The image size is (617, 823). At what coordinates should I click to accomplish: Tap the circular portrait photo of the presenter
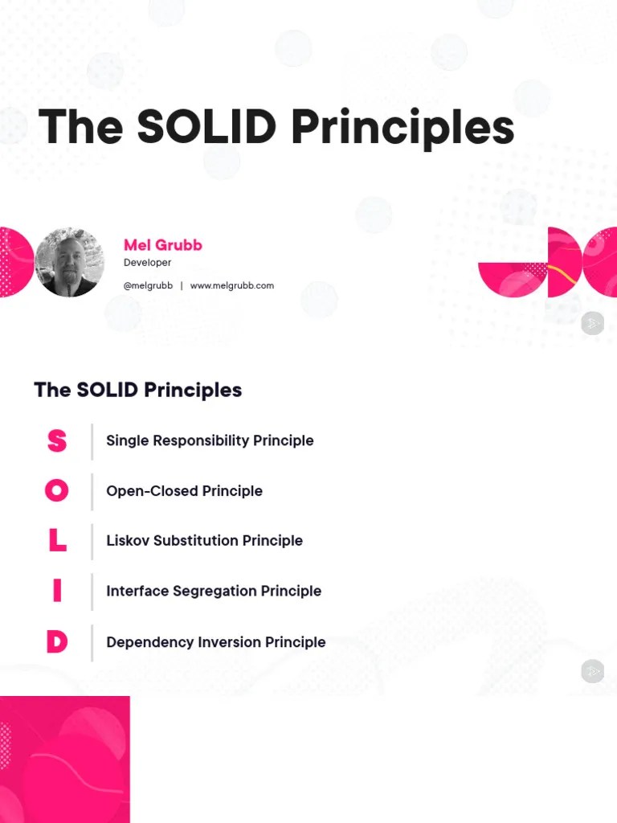[x=70, y=262]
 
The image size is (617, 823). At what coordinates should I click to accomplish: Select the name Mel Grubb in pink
[x=163, y=244]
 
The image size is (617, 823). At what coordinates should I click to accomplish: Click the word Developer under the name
[x=147, y=263]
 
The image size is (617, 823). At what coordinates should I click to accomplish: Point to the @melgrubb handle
[x=148, y=285]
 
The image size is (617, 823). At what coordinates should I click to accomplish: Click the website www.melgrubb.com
[x=232, y=285]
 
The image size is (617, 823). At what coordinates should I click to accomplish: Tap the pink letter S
[x=56, y=440]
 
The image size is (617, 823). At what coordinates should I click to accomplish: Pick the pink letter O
[x=56, y=491]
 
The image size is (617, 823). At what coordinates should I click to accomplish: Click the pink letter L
[x=56, y=541]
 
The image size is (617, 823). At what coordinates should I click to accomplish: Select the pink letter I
[x=56, y=592]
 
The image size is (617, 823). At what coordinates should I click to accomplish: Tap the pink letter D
[x=56, y=642]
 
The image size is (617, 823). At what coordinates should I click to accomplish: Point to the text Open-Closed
[x=152, y=491]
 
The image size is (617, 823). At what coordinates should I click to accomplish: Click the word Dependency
[x=143, y=642]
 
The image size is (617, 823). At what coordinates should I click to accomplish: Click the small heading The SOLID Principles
[x=137, y=390]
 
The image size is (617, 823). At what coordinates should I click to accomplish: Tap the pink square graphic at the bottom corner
[x=64, y=760]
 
